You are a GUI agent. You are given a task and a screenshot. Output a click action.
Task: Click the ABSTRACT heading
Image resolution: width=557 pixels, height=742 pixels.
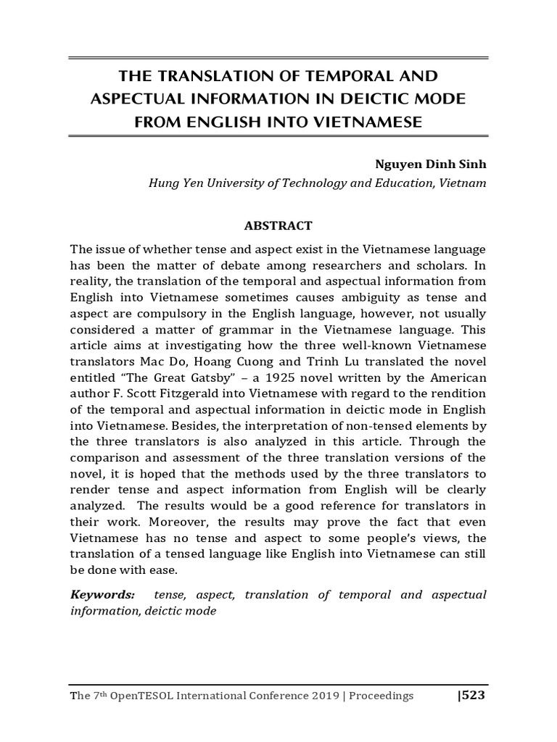[278, 225]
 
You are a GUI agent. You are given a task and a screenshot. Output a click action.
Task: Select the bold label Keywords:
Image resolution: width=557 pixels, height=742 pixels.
[102, 595]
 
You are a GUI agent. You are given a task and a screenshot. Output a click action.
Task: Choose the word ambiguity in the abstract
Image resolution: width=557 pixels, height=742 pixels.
[356, 297]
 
